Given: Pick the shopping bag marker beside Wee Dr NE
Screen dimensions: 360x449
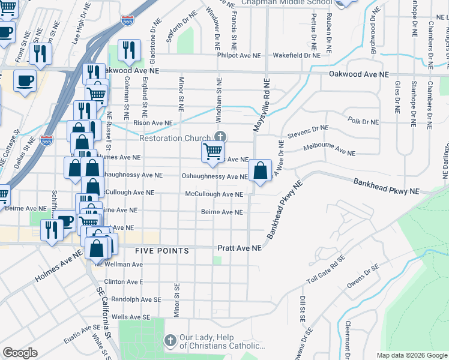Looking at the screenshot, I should pos(260,172).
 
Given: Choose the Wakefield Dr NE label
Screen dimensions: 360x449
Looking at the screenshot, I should pos(297,55).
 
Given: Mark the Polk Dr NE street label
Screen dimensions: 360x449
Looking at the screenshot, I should pos(363,121).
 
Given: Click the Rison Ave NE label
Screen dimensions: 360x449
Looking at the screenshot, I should pos(153,123).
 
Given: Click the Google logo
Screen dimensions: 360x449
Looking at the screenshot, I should pos(20,353).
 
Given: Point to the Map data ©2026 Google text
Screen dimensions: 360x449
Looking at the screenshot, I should pos(411,355).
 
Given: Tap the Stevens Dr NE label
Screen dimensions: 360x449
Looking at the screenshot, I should pos(309,130).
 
